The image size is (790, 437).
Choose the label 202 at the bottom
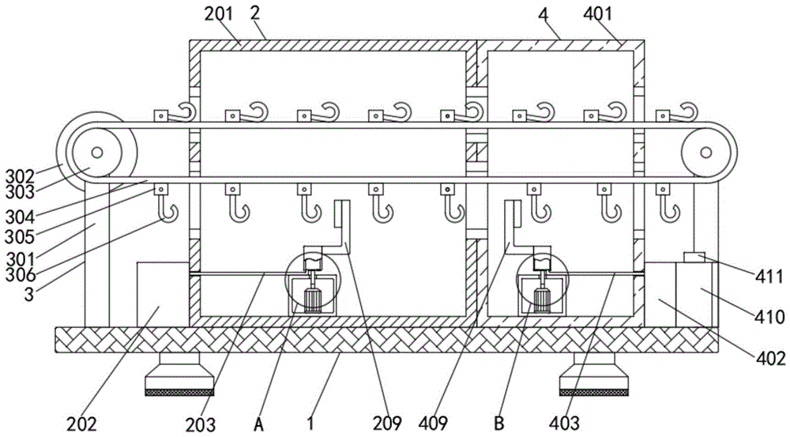pos(81,424)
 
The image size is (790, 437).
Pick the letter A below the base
pos(258,424)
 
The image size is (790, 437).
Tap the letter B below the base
pos(498,424)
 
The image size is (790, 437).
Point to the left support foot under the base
pos(181,375)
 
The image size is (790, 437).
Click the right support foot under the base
pos(593,375)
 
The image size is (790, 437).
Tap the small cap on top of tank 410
pos(694,257)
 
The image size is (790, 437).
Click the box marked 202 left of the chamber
pos(163,293)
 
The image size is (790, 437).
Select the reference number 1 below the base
pos(311,424)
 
